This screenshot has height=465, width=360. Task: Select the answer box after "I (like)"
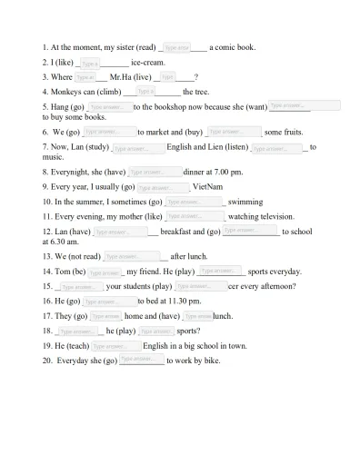(x=89, y=63)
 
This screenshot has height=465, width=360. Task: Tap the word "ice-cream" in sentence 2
(x=147, y=63)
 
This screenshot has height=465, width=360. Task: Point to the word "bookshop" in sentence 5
(x=190, y=107)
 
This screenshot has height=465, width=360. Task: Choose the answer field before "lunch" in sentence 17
(x=197, y=316)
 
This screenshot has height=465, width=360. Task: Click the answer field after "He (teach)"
(x=116, y=346)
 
